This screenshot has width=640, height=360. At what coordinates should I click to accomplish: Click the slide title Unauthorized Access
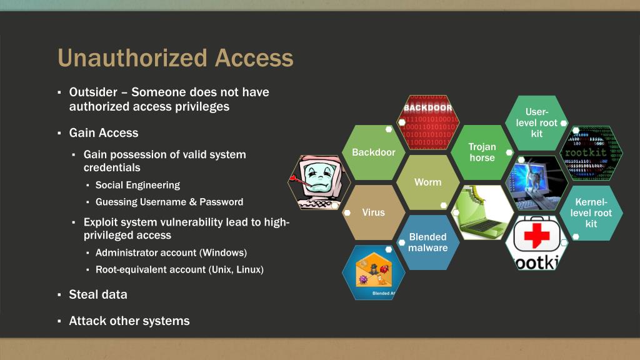pyautogui.click(x=175, y=58)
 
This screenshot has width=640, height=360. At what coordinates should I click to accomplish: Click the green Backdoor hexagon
pyautogui.click(x=374, y=152)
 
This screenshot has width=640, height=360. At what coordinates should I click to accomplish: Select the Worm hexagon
pyautogui.click(x=427, y=182)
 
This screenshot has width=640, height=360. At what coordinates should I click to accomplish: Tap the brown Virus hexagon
pyautogui.click(x=373, y=212)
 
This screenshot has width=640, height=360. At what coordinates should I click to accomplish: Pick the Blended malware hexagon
pyautogui.click(x=427, y=242)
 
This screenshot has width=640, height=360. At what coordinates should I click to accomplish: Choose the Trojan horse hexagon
pyautogui.click(x=482, y=152)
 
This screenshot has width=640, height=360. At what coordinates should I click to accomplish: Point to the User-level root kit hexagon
pyautogui.click(x=536, y=122)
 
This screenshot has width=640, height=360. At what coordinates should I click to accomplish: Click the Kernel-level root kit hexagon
pyautogui.click(x=591, y=212)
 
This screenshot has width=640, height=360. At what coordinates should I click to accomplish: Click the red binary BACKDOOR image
pyautogui.click(x=429, y=122)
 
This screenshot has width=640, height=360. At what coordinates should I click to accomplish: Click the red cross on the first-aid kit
pyautogui.click(x=536, y=236)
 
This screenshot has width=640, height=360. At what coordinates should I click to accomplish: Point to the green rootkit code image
pyautogui.click(x=591, y=153)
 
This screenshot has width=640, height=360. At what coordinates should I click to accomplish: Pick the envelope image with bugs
pyautogui.click(x=374, y=272)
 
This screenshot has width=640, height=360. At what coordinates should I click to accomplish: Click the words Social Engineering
pyautogui.click(x=137, y=185)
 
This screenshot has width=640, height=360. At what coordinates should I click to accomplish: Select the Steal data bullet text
pyautogui.click(x=98, y=294)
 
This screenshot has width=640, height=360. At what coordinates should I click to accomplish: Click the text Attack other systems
pyautogui.click(x=129, y=321)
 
